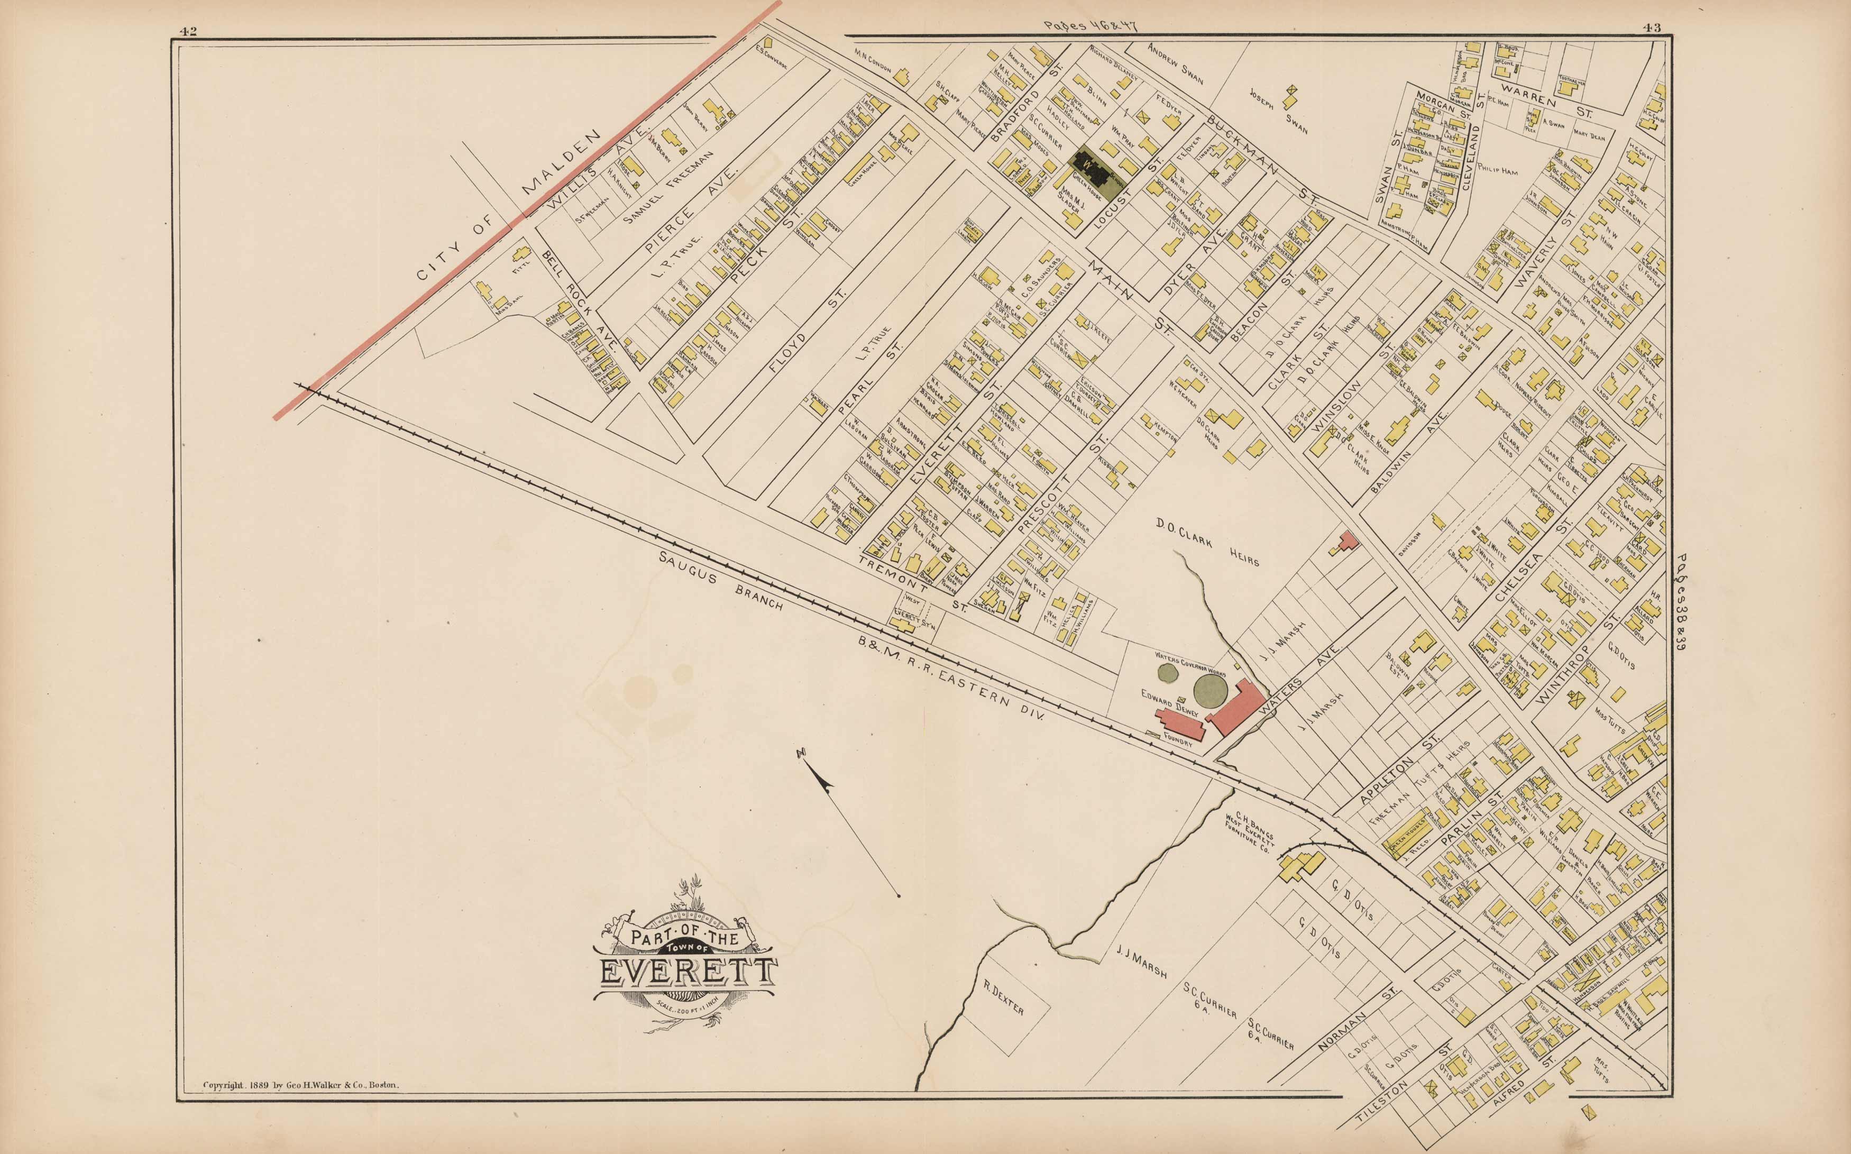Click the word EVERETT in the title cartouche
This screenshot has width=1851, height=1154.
(686, 973)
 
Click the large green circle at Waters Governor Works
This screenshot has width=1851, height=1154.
(1210, 690)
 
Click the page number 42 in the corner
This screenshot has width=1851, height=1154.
(188, 31)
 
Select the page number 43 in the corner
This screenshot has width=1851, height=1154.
(1653, 29)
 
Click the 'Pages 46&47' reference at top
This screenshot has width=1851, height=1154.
(1089, 26)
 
